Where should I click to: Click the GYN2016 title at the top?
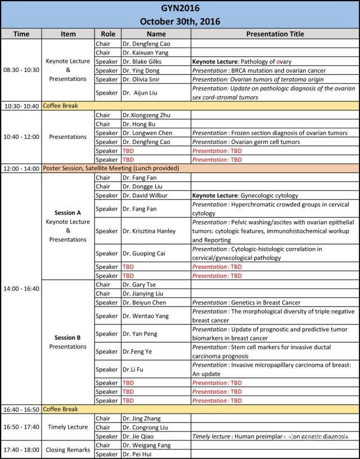point(179,8)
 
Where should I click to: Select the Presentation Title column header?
point(274,34)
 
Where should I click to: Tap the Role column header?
point(107,34)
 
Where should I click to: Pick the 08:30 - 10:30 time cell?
point(21,70)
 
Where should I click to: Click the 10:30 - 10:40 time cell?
point(21,106)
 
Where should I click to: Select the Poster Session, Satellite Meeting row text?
point(111,168)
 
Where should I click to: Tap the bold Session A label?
point(68,213)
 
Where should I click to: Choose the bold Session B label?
point(68,337)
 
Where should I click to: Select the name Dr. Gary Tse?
point(140,285)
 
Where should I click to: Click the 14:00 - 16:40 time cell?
point(21,289)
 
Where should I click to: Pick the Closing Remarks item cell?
point(68,450)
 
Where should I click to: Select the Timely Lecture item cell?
point(68,427)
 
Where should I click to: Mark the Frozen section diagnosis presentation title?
point(269,133)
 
